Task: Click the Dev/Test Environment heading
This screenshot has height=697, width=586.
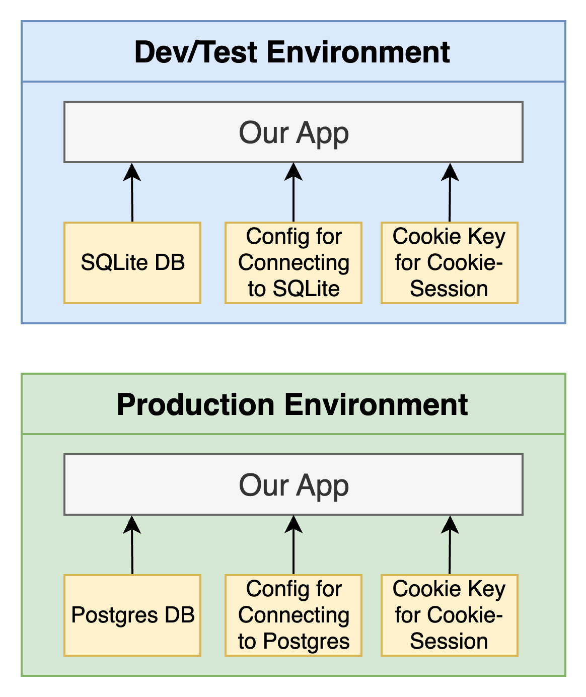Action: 292,52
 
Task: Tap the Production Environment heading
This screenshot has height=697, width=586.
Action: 292,404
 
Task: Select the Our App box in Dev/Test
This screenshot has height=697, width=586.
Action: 294,132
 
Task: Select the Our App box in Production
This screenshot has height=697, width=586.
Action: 294,484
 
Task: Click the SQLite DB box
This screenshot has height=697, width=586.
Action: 132,263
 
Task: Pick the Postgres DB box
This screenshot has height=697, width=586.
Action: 132,615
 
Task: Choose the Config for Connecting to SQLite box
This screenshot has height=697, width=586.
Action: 294,263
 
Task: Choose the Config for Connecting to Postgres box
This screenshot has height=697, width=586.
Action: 294,615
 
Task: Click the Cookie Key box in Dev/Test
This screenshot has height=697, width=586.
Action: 450,263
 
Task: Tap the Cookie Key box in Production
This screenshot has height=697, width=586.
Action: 450,615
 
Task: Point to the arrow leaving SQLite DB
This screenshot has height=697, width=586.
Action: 132,192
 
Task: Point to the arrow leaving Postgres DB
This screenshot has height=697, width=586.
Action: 132,545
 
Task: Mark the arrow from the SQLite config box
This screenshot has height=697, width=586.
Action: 294,192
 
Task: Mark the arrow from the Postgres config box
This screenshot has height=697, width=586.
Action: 294,545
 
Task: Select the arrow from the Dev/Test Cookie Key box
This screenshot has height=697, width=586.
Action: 450,192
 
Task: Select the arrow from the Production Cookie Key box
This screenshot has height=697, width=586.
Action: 450,545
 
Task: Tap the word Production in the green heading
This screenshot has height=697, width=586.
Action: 195,405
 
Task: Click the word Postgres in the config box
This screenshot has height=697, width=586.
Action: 306,641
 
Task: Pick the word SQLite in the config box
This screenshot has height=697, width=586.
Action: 306,289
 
